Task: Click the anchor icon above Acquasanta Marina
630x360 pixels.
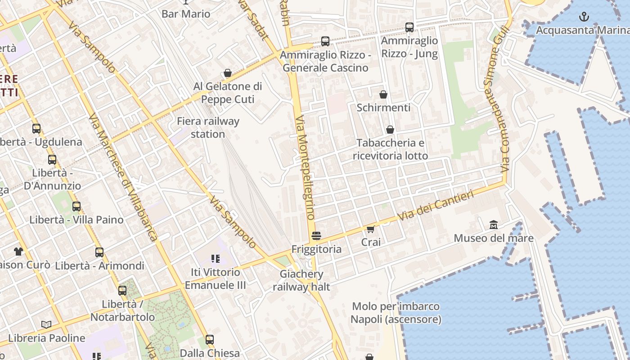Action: (584, 17)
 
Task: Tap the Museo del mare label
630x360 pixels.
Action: (494, 238)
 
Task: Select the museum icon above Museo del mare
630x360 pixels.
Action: (494, 225)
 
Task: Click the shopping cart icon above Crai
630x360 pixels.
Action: (371, 229)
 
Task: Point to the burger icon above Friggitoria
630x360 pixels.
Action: (316, 235)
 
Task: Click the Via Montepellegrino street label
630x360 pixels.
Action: (305, 166)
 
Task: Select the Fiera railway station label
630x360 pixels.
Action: (208, 127)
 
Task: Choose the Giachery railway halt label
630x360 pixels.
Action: (301, 280)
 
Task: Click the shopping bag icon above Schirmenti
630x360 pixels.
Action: (383, 94)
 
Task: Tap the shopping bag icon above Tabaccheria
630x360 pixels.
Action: (390, 130)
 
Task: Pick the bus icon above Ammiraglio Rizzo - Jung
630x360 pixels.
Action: (409, 27)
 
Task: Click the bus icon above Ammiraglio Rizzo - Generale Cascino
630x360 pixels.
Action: (325, 41)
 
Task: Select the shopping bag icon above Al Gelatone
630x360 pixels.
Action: (228, 73)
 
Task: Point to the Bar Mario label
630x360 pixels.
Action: (186, 14)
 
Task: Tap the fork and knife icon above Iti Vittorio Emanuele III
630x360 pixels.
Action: (215, 258)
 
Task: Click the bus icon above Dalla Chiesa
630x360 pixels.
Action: (210, 340)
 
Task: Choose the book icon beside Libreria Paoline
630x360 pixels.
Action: (46, 324)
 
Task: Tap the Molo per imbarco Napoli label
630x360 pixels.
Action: (396, 313)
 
